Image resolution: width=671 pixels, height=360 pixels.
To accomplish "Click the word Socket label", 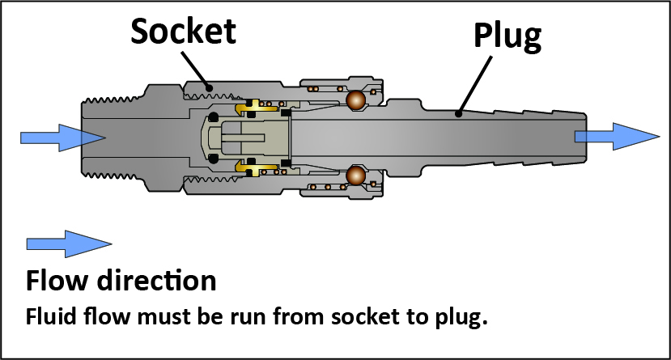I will [183, 31].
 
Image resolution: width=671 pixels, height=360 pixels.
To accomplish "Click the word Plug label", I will [507, 36].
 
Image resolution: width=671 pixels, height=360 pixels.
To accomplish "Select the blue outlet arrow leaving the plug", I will [616, 136].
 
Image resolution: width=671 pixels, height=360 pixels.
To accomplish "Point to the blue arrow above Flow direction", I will [68, 243].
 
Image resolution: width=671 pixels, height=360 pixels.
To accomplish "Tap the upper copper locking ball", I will [355, 100].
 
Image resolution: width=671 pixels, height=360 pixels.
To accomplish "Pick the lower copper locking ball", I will [355, 175].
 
